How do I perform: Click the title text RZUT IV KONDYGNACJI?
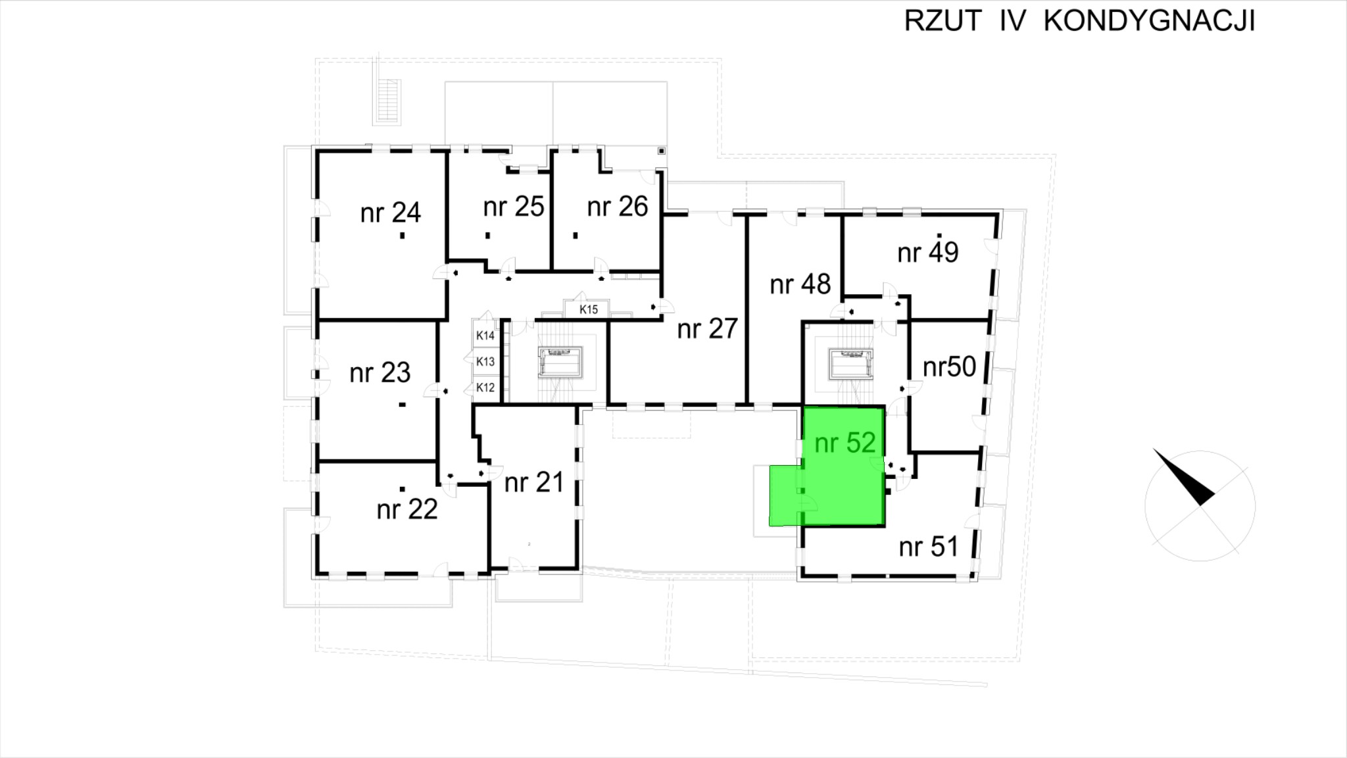[1079, 22]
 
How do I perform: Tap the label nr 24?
[390, 213]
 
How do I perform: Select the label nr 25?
[513, 207]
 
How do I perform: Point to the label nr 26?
[617, 207]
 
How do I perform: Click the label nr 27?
[707, 328]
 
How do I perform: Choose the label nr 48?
[800, 284]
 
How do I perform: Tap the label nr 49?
[927, 252]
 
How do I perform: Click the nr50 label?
[949, 367]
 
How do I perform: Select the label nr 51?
[928, 547]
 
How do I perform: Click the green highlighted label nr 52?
[845, 443]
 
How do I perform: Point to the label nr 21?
[534, 483]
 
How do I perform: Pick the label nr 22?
[406, 509]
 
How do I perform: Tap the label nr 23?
[380, 373]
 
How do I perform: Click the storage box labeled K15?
[588, 309]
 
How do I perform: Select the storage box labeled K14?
[485, 336]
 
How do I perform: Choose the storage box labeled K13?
[485, 361]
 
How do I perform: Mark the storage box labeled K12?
[485, 388]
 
